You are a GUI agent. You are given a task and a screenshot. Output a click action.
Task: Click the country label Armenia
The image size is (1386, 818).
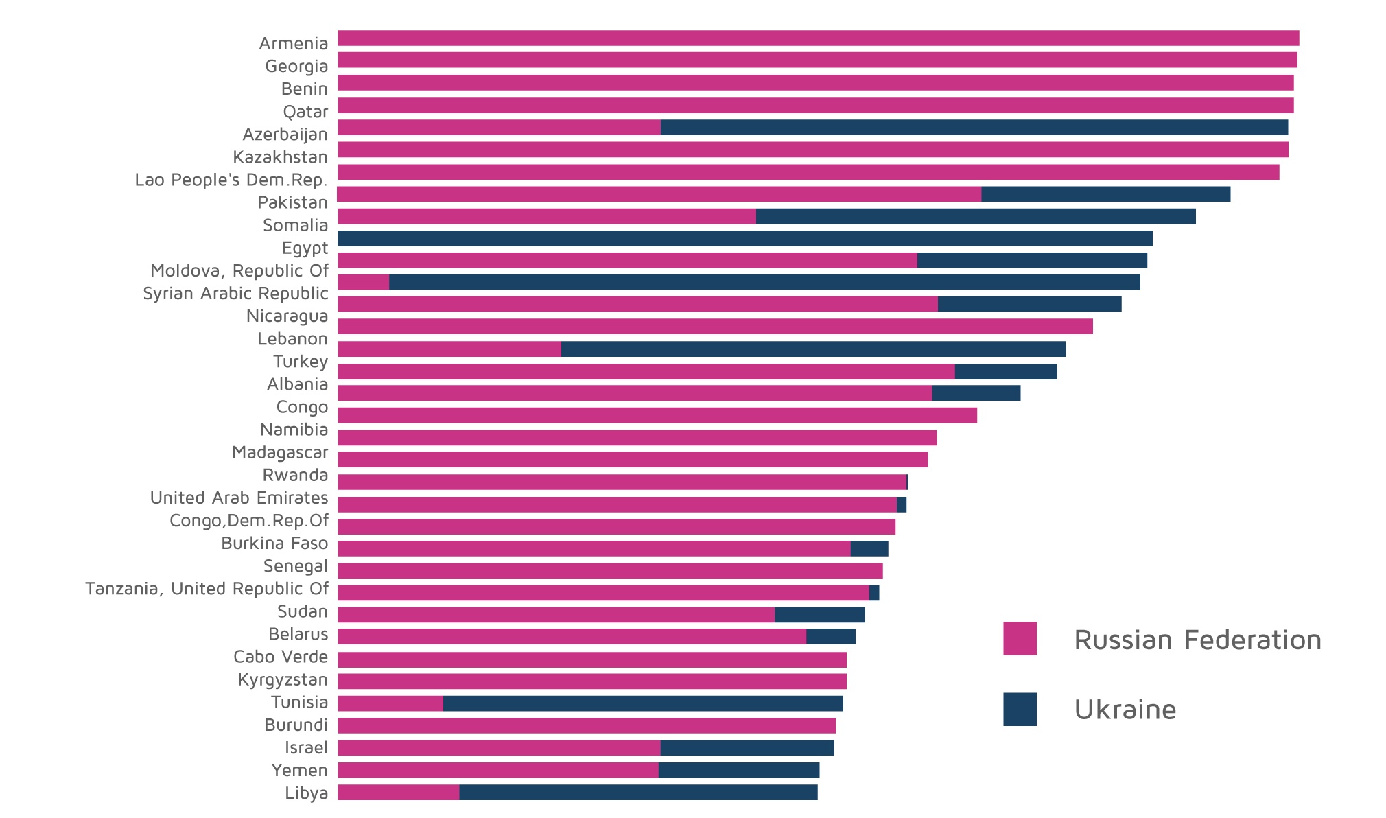click(293, 44)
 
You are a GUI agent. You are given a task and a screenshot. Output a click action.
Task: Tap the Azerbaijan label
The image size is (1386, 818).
click(285, 135)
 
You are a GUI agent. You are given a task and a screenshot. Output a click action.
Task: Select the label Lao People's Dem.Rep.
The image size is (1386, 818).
click(231, 180)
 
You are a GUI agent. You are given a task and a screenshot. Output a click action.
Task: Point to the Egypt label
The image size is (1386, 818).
click(305, 248)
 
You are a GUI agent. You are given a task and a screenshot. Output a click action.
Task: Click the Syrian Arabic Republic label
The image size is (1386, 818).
click(235, 294)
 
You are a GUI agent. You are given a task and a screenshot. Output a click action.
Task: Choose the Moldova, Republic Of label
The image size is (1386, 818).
click(239, 271)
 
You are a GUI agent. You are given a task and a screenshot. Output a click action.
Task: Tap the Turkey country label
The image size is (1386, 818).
click(301, 362)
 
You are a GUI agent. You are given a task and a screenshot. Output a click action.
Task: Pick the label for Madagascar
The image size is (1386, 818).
click(280, 453)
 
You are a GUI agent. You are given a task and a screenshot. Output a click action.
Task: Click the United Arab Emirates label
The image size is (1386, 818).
click(239, 498)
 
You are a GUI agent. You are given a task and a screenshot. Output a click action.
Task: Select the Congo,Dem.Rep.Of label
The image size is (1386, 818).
click(248, 521)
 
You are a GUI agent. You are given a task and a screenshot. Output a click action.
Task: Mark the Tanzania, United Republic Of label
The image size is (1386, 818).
click(207, 589)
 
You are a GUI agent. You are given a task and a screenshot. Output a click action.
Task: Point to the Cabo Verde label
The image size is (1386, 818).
click(281, 657)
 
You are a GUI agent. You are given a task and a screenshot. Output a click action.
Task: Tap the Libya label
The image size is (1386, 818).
click(306, 793)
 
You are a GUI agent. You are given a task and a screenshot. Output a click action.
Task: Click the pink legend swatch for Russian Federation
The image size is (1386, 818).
click(1020, 639)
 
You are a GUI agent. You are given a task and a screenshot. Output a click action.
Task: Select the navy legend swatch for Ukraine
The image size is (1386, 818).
click(1020, 709)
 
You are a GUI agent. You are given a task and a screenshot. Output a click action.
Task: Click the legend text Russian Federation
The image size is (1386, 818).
click(1197, 640)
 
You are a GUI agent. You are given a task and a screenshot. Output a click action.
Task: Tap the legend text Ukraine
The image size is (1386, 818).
click(1125, 710)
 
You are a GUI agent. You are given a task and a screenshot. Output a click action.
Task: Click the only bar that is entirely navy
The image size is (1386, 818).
click(744, 238)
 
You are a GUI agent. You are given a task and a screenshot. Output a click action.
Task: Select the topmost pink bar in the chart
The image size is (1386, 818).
click(818, 38)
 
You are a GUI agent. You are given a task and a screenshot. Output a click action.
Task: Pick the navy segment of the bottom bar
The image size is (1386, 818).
click(638, 793)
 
